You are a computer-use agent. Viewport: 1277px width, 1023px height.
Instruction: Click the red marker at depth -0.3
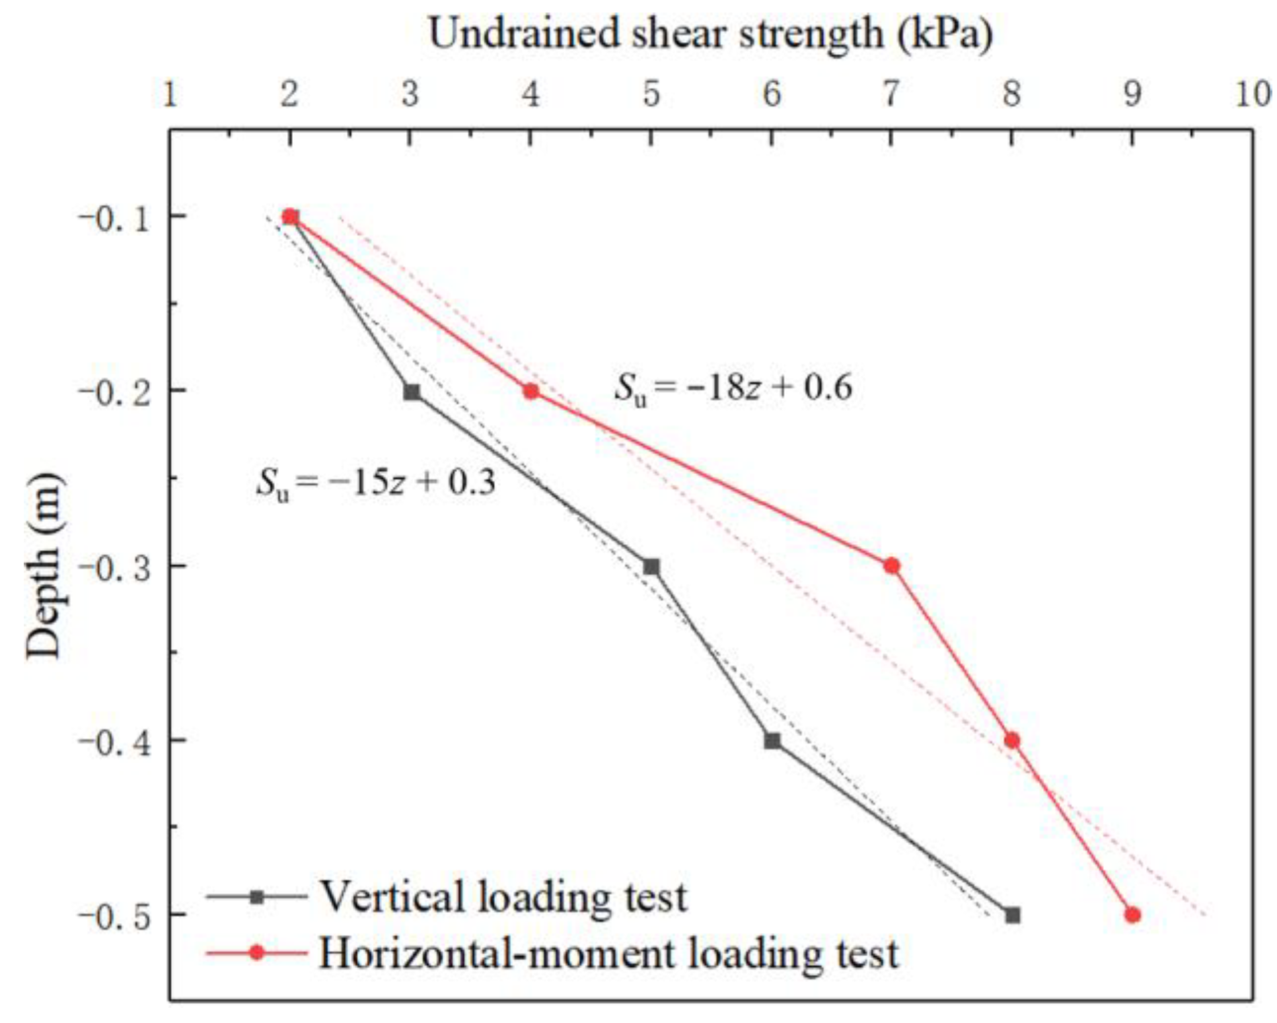coord(891,566)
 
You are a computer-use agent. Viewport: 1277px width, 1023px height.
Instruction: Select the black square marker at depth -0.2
coord(411,392)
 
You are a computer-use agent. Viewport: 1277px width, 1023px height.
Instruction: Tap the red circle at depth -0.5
coord(1132,915)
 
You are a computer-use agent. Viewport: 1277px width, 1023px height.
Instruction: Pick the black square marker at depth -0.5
coord(1012,915)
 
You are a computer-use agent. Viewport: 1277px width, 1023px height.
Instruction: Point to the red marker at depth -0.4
coord(1011,740)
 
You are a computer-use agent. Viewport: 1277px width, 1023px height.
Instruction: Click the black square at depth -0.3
coord(651,567)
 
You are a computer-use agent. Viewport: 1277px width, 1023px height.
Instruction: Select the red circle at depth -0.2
coord(530,391)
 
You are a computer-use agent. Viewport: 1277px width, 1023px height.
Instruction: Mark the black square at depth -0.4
coord(772,741)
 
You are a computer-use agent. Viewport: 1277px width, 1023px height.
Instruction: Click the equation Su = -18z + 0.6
coord(733,388)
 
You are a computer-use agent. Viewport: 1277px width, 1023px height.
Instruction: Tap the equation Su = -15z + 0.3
coord(375,483)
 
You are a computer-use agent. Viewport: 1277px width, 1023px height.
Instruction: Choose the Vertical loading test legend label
coord(503,897)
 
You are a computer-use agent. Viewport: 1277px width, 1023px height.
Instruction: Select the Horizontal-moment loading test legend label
coord(608,953)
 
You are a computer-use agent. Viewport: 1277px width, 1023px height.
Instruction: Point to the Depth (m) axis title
coord(44,566)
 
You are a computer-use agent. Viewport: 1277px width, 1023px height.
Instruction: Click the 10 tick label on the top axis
coord(1252,94)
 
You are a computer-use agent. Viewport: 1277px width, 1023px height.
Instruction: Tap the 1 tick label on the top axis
coord(170,94)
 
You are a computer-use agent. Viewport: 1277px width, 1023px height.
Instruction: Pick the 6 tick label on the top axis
coord(772,94)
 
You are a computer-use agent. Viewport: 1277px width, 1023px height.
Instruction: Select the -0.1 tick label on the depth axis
coord(115,217)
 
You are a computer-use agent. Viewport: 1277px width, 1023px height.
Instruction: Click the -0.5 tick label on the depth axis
coord(115,915)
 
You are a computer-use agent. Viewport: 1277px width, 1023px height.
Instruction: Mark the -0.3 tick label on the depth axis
coord(115,566)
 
